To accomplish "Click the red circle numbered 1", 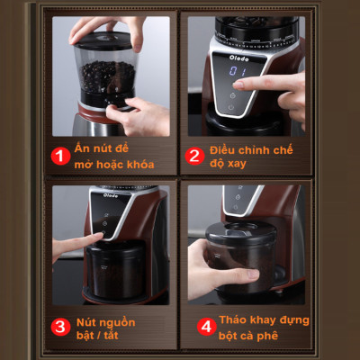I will click(60, 156).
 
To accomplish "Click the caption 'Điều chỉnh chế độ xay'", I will click(255, 156).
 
